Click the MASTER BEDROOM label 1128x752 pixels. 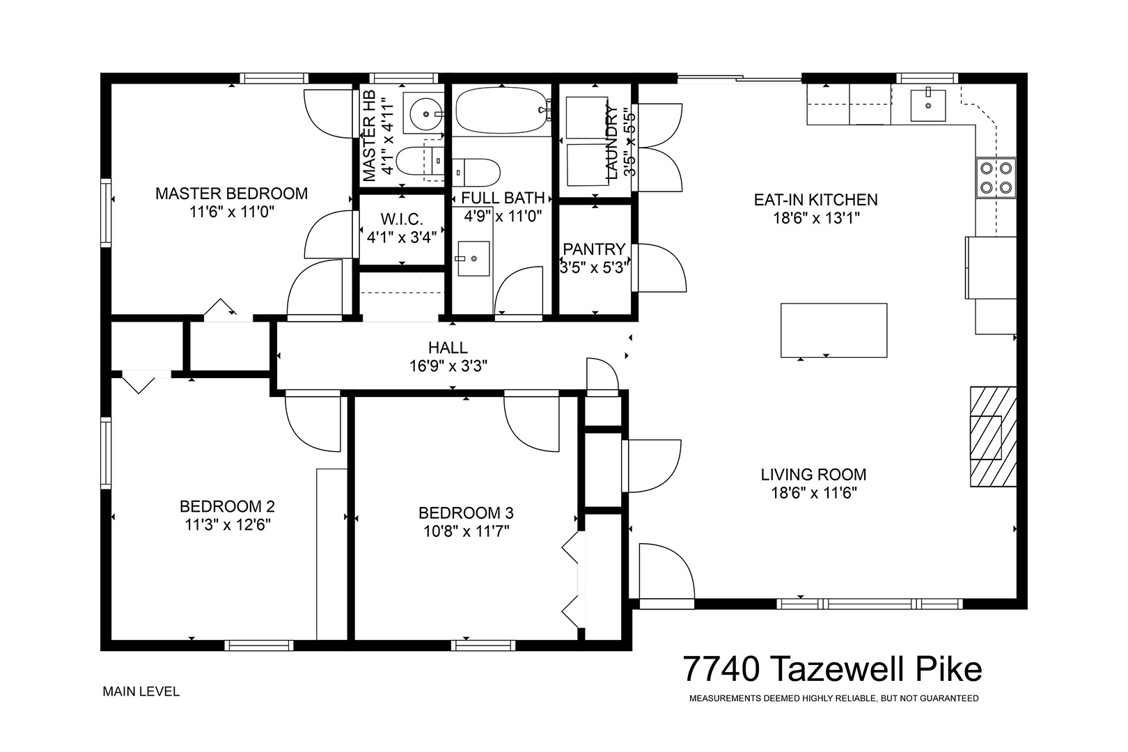231,194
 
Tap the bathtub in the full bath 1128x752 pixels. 501,111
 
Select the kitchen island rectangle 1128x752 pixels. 833,331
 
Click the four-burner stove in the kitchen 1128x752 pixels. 996,178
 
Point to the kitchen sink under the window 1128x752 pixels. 927,104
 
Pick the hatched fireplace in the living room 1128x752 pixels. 993,437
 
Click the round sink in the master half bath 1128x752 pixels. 425,114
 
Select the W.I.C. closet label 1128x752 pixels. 402,219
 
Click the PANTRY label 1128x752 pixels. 594,249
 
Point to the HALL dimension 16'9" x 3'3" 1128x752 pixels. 448,366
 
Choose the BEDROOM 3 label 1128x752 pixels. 466,512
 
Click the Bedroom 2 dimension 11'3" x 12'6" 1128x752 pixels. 228,525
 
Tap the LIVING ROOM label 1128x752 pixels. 813,474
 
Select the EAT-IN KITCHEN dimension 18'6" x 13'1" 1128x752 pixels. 816,218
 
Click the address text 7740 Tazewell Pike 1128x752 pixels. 832,669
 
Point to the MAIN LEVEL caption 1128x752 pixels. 141,691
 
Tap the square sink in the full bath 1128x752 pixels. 473,258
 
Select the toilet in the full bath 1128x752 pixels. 476,172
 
